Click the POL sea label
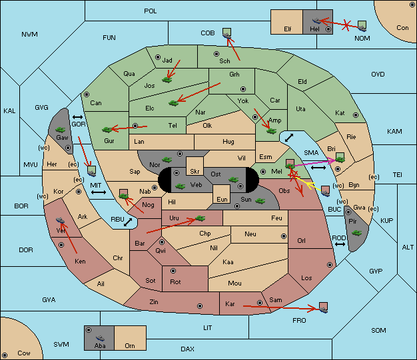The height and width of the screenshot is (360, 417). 151,11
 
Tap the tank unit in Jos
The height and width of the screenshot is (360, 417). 167,79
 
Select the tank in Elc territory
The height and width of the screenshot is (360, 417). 174,103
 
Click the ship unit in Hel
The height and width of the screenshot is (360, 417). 316,21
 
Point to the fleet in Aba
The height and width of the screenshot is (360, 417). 100,338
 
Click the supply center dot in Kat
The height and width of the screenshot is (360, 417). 356,115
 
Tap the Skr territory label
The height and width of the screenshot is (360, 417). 195,172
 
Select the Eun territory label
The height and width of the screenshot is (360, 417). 222,199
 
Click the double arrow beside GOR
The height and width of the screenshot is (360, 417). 77,117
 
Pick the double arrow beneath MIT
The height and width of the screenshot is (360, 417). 99,192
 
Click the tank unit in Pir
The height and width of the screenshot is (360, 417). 356,233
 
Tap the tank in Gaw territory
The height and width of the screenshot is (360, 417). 61,129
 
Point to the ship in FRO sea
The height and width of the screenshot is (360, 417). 323,309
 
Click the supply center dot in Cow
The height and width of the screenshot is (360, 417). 5,355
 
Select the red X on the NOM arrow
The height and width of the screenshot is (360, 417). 346,25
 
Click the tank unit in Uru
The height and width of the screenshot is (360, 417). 201,218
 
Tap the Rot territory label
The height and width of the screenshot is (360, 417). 175,282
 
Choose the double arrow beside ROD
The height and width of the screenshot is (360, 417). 340,244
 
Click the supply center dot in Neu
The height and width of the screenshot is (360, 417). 284,236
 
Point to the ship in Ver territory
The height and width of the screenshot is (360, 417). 61,220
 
